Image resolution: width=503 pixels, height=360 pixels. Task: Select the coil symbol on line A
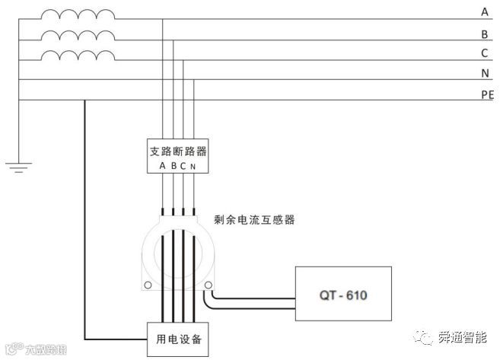coord(78,15)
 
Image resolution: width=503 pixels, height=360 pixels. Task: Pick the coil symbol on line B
coord(78,36)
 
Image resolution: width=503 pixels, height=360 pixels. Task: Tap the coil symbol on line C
coord(78,56)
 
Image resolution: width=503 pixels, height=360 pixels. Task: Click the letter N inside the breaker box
coord(193,166)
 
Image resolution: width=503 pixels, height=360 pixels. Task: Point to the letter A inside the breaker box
coord(163,166)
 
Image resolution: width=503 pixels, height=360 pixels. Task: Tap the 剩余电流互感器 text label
coord(254,220)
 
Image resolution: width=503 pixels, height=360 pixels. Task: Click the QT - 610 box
coord(344,293)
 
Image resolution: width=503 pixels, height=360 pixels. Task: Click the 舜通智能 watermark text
coord(463,336)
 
